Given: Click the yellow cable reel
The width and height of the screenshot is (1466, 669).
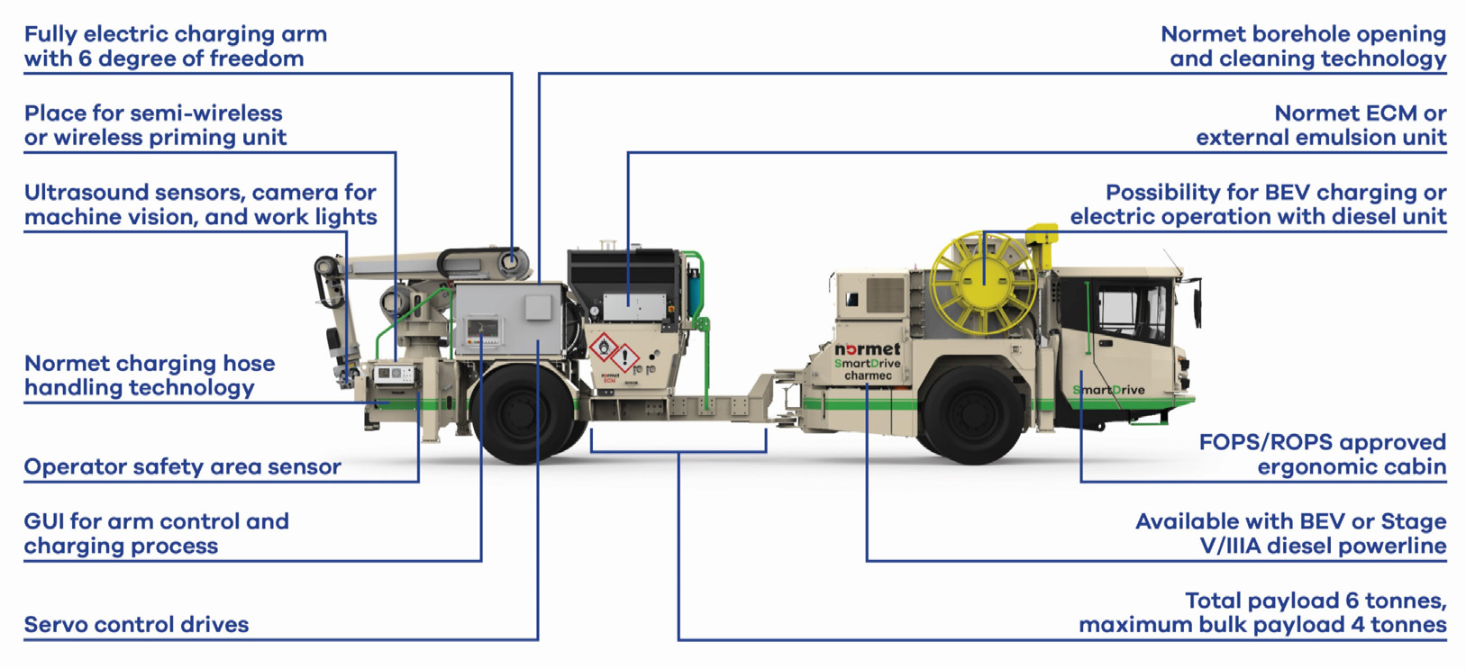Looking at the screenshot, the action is [x=983, y=283].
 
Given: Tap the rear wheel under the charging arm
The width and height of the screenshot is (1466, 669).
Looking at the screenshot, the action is [x=523, y=413].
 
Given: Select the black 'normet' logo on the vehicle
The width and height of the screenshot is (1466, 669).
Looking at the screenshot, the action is [x=867, y=349].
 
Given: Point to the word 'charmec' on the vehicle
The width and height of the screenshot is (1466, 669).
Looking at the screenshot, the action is [x=868, y=375].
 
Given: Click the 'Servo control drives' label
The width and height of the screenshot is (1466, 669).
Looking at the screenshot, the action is [x=136, y=625].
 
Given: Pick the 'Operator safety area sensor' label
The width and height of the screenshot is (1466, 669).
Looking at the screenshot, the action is [x=183, y=467].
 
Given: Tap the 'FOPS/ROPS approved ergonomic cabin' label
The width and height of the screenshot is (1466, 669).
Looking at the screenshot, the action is [x=1322, y=455].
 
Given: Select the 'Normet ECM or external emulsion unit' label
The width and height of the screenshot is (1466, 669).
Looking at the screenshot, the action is [x=1321, y=125].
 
